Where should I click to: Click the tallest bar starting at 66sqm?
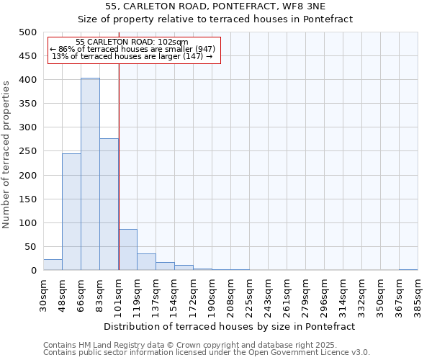click(x=90, y=174)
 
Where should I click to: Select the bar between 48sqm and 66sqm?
click(x=71, y=212)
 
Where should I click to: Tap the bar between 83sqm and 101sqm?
click(x=109, y=204)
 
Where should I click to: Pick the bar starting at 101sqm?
click(x=127, y=250)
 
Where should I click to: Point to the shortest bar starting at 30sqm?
click(x=53, y=265)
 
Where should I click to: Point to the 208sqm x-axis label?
click(x=230, y=293)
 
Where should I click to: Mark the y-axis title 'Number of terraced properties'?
click(x=7, y=154)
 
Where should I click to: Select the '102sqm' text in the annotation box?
click(x=174, y=42)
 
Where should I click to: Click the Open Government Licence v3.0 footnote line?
click(x=207, y=353)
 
